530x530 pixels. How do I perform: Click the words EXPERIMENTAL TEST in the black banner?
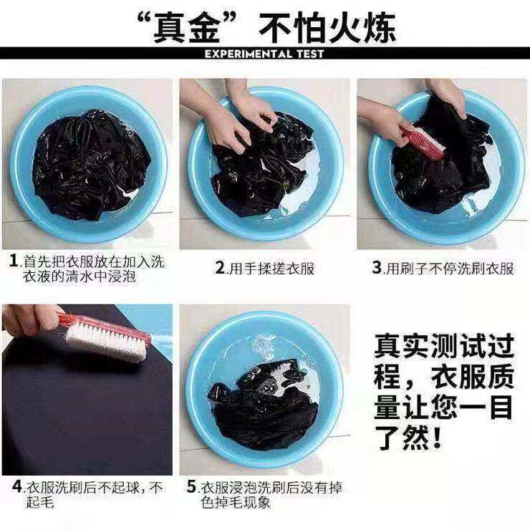coord(264,54)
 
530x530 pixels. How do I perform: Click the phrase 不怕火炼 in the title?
coord(327,28)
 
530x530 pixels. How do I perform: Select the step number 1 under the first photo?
coord(14,261)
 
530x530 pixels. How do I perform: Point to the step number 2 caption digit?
coord(221,267)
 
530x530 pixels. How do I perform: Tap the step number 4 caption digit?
coord(17,486)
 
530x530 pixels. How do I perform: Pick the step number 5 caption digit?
coord(192,487)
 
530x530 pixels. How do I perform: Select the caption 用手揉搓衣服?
coord(271,268)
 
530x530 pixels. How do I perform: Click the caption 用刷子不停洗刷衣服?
coord(450,268)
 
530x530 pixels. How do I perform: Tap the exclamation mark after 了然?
coord(437,438)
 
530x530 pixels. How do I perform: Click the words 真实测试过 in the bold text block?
coord(444,346)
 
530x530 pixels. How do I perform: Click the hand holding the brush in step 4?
coord(30,318)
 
